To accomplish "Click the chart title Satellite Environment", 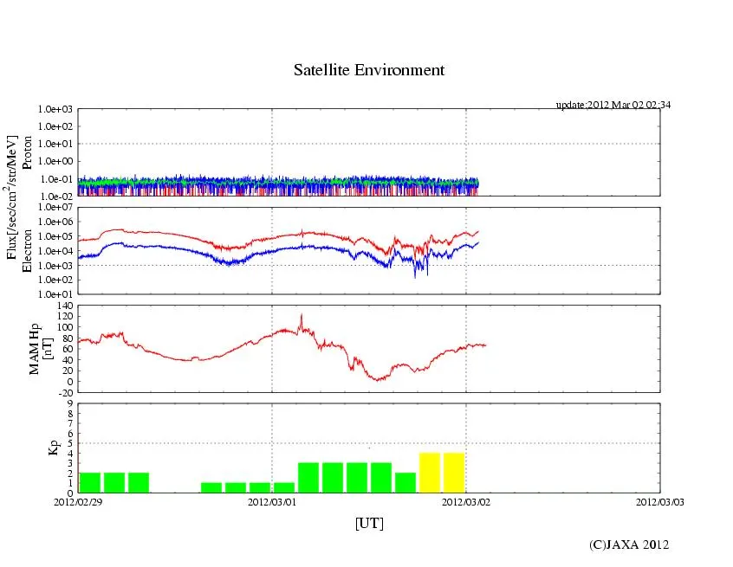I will (369, 70).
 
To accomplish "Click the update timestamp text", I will (613, 105).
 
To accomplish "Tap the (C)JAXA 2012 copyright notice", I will (629, 544).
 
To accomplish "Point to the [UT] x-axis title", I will (369, 523).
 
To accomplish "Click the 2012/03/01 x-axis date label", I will (272, 501).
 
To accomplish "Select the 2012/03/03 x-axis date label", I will (659, 501).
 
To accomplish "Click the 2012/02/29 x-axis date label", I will (78, 501).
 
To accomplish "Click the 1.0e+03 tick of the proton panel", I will (57, 110).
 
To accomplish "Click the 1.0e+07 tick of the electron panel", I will (57, 209).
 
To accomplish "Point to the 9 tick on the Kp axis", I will (71, 403).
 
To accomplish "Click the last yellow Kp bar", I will (454, 473).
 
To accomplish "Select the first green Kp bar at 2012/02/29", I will (90, 482).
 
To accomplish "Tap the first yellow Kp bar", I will (430, 473).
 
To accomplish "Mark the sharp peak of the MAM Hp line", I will (302, 315).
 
